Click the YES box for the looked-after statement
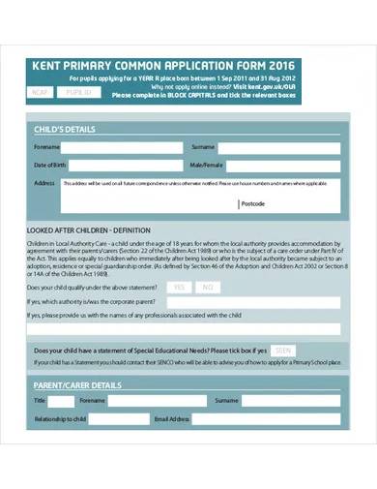click(179, 288)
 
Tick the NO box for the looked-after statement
click(208, 288)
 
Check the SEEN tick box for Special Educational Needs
click(282, 350)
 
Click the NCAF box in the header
click(40, 93)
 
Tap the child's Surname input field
click(281, 147)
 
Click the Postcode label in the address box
click(253, 204)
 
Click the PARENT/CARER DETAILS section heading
click(77, 384)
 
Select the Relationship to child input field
click(121, 419)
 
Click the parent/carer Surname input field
click(291, 400)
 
